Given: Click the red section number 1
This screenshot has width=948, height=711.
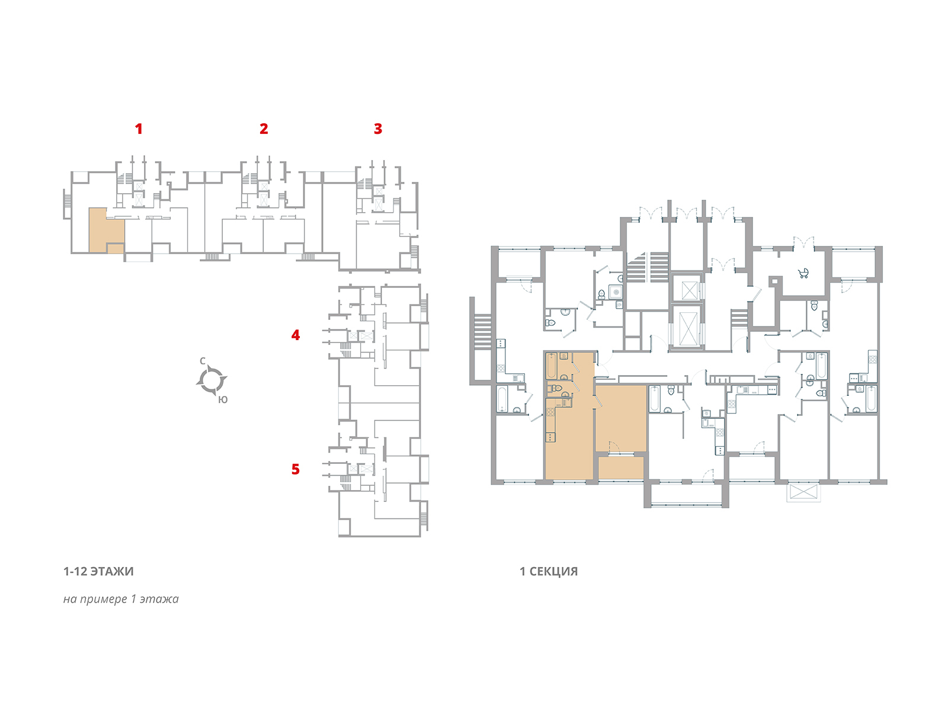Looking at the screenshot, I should click(139, 129).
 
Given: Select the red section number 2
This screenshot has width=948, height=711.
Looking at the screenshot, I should click(264, 129).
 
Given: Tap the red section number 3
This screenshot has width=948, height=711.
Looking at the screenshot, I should click(378, 129).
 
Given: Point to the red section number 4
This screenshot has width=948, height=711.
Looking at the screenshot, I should click(296, 335).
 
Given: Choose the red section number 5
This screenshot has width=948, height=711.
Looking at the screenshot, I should click(296, 469).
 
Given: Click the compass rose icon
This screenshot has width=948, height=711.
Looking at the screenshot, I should click(212, 380).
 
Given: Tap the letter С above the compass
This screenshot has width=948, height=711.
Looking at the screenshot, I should click(203, 361).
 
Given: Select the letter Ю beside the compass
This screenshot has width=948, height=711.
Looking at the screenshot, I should click(223, 400).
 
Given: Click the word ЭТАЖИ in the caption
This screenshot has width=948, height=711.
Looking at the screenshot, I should click(112, 572).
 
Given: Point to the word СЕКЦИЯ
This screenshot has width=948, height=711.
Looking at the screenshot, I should click(553, 572).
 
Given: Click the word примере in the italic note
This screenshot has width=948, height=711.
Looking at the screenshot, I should click(104, 599).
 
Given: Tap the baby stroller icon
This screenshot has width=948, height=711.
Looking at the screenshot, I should click(803, 273).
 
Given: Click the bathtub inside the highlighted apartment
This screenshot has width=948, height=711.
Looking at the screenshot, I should click(552, 366).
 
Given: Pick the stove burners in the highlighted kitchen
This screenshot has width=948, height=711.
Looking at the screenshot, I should click(551, 437).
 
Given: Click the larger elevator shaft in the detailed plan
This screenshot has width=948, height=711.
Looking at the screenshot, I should click(687, 327).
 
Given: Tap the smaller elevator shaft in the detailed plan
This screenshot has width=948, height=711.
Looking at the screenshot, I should click(689, 290).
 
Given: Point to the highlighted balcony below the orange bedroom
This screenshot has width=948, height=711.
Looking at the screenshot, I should click(620, 467).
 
